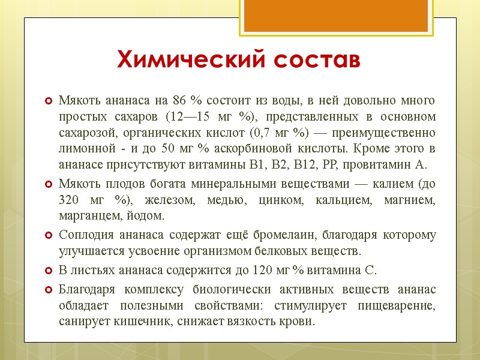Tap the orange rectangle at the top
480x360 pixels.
(x=336, y=16)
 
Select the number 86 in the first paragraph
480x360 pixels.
(x=179, y=100)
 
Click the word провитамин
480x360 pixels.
(x=368, y=164)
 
